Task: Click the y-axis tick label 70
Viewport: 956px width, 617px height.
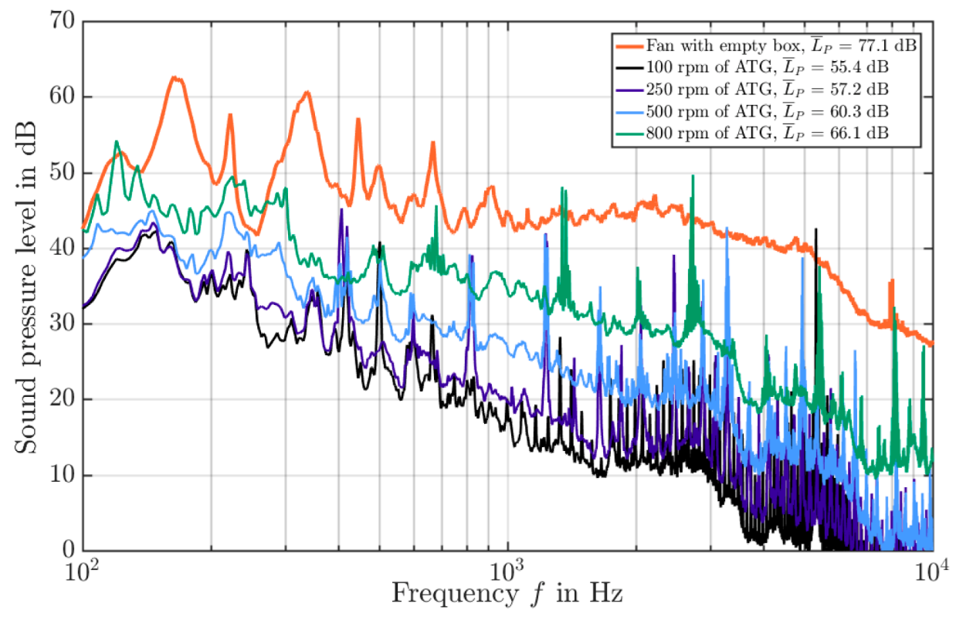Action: pos(62,22)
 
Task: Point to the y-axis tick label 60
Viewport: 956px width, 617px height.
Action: pos(62,97)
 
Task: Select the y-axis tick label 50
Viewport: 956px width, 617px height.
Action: pos(62,173)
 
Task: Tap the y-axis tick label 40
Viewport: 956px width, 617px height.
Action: pos(62,249)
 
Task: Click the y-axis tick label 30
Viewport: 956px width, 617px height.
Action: pos(62,324)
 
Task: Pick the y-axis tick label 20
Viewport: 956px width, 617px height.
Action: pos(62,399)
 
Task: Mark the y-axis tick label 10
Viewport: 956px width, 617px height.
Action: pos(62,475)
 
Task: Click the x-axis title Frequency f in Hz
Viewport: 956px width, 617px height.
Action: pos(507,595)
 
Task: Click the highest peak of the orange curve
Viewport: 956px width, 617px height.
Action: pos(175,77)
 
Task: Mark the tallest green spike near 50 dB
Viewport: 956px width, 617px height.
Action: pos(693,176)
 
